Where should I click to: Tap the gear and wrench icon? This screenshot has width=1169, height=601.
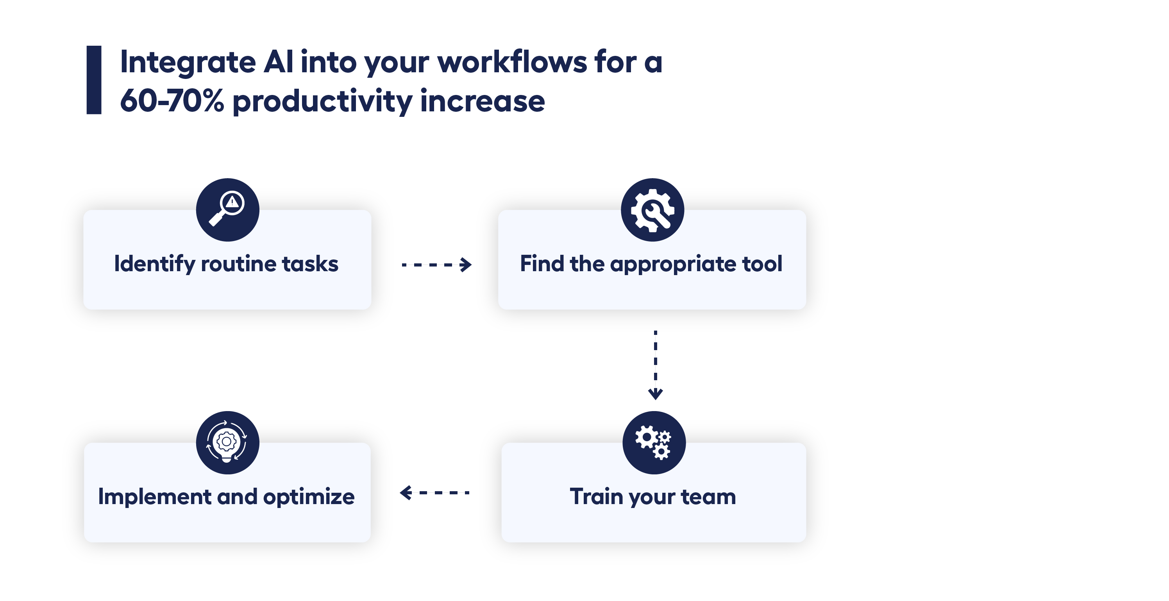(652, 209)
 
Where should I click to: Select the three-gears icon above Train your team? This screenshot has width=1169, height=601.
(654, 443)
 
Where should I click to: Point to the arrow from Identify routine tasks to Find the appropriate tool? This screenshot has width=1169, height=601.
(436, 264)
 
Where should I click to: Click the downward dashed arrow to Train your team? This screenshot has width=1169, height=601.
(655, 365)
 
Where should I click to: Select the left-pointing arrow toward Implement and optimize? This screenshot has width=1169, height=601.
(434, 492)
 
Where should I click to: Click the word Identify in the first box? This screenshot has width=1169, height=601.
(155, 264)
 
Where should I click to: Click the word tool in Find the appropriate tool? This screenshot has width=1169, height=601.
(762, 264)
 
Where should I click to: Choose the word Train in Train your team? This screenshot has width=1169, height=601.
(596, 496)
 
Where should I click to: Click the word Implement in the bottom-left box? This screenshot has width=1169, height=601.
(155, 497)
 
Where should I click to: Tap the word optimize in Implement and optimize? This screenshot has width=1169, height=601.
(309, 497)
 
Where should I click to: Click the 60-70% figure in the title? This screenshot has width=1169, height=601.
(172, 101)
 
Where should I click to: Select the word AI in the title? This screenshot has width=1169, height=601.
(279, 62)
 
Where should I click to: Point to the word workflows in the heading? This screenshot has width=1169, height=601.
(512, 61)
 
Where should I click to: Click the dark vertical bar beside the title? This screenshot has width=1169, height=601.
(94, 80)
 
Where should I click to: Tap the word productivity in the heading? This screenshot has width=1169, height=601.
(322, 102)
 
